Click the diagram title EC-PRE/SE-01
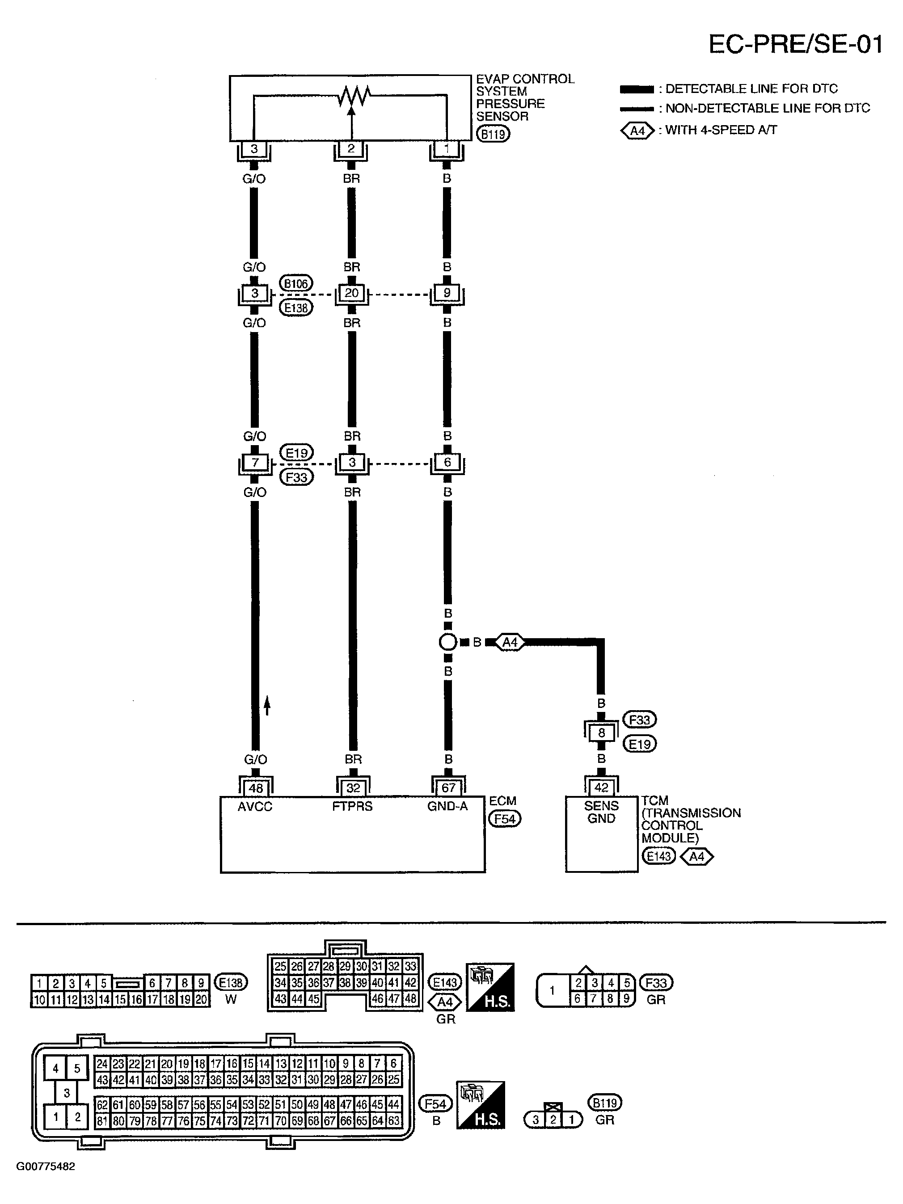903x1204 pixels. point(795,44)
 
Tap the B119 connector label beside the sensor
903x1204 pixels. point(493,134)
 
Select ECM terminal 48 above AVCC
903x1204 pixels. point(255,787)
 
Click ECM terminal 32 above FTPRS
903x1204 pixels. point(353,787)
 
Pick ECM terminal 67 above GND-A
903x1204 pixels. point(448,787)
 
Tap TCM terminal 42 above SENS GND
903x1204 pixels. point(601,787)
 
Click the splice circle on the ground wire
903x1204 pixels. point(447,642)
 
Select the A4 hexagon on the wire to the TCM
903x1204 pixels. point(510,642)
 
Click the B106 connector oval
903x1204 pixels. point(296,283)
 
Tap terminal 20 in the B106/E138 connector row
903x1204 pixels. point(352,293)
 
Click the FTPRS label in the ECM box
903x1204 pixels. point(352,806)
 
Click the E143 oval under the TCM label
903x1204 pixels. point(658,856)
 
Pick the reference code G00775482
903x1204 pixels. point(46,1166)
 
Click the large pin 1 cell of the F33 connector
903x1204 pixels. point(552,991)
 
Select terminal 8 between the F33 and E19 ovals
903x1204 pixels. point(601,733)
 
